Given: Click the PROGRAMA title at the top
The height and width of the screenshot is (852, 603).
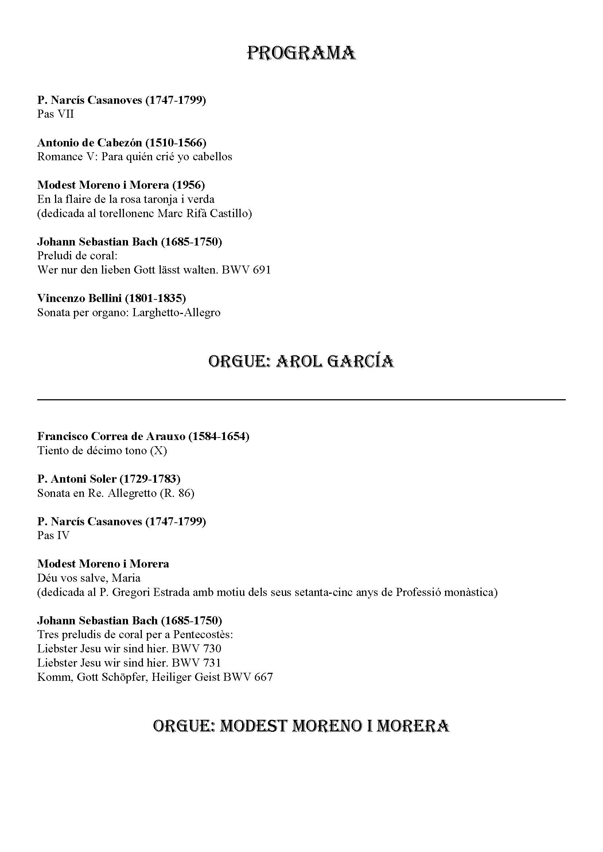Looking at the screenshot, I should point(301,53).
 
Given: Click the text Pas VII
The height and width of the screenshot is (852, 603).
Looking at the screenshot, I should point(55,114).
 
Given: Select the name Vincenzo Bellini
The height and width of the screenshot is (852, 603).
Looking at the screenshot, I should point(79,298).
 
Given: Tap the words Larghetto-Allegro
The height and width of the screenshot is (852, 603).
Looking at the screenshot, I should point(176,313).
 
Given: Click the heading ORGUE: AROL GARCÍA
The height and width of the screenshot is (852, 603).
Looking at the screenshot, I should point(301,361).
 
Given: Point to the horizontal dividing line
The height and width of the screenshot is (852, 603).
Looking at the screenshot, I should point(301,400).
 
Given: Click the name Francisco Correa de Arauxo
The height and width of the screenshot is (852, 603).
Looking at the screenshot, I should point(112,436).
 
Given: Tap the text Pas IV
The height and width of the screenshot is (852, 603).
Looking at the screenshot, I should point(53,535).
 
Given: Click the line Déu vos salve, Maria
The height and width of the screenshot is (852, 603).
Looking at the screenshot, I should point(89,578).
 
